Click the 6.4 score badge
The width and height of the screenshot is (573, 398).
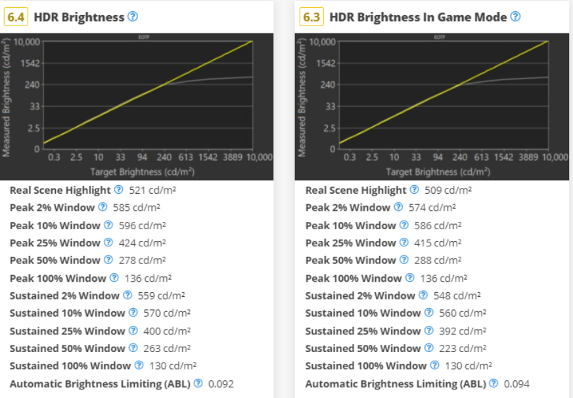[x=16, y=17]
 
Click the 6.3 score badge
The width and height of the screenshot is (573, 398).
[x=312, y=17]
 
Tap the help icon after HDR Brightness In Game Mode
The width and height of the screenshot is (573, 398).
[x=515, y=16]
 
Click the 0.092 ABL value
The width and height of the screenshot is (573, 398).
[x=221, y=384]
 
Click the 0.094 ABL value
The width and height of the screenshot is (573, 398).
[x=516, y=384]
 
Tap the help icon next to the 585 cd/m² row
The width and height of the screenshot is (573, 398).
[x=102, y=208]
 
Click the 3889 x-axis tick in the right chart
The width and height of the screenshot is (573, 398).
[x=529, y=158]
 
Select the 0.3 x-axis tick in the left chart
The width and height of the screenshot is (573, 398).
[x=55, y=158]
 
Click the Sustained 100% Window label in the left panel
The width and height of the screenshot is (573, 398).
[x=70, y=366]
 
